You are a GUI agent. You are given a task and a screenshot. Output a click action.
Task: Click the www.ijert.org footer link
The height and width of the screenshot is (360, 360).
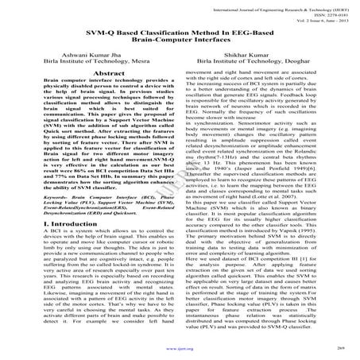[180, 346]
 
